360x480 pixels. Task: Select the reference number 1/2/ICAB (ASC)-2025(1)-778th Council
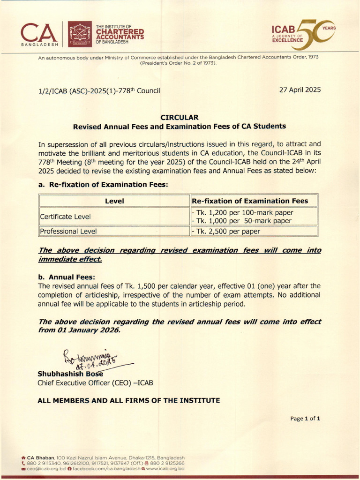point(99,90)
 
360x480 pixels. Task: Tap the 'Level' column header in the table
point(114,201)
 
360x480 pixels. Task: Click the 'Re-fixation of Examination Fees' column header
point(250,201)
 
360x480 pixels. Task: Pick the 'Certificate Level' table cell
point(65,217)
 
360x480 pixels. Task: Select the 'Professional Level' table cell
point(68,231)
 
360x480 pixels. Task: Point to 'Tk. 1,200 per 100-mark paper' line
point(242,213)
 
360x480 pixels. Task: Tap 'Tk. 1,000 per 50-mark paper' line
point(241,221)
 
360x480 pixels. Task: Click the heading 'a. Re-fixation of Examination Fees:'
point(102,185)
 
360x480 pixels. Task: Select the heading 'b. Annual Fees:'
point(67,277)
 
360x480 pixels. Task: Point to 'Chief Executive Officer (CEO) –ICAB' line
point(95,383)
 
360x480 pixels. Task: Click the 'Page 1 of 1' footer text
point(305,419)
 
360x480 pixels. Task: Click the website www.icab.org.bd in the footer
point(165,468)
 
